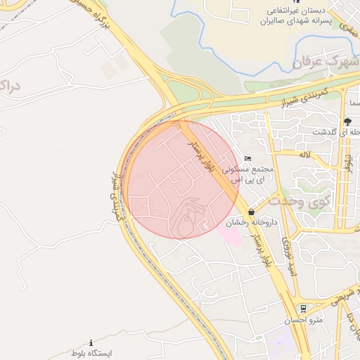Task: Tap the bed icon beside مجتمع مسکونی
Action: point(247,157)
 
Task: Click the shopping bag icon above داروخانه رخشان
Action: point(251,211)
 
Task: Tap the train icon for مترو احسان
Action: point(302,309)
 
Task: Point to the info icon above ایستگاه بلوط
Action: point(91,342)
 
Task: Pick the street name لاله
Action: point(304,154)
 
